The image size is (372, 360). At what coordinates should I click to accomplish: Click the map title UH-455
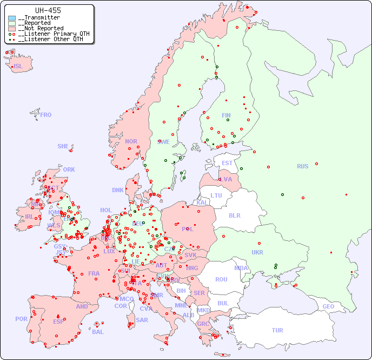(48, 10)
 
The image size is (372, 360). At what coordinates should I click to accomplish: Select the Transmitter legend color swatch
(12, 18)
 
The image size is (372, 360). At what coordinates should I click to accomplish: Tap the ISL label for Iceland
(18, 67)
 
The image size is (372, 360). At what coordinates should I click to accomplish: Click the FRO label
(46, 115)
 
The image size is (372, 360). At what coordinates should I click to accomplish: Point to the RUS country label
(302, 166)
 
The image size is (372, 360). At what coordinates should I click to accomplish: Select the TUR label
(277, 330)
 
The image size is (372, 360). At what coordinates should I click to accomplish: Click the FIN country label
(226, 115)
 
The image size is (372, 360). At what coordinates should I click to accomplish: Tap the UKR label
(257, 252)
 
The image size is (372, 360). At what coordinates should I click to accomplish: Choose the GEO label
(328, 306)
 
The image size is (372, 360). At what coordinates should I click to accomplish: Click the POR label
(21, 319)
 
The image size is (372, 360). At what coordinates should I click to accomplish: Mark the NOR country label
(131, 141)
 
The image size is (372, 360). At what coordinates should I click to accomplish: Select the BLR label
(234, 215)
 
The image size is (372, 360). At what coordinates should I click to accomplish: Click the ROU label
(221, 279)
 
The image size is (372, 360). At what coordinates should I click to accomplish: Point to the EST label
(227, 163)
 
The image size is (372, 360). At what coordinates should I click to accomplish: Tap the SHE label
(63, 146)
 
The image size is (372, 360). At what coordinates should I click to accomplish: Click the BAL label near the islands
(98, 332)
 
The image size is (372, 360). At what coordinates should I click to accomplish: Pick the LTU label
(216, 195)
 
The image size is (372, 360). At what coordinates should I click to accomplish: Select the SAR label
(142, 320)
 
